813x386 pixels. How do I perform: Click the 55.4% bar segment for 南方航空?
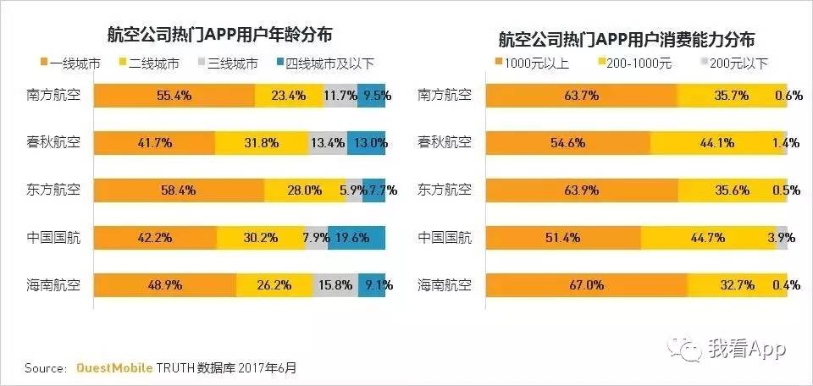point(174,96)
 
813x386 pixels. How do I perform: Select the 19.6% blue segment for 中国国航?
point(357,238)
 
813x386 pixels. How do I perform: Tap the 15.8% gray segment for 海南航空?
point(335,285)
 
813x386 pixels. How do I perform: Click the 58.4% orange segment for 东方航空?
point(178,190)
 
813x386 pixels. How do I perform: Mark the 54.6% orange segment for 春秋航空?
point(567,143)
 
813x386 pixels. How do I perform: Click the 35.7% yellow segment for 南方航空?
point(732,96)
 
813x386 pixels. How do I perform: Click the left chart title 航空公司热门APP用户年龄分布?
point(219,35)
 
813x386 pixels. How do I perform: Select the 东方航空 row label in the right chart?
point(445,190)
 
